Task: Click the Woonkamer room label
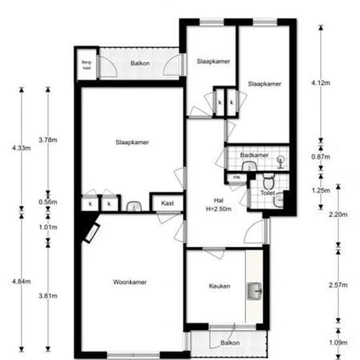pyautogui.click(x=129, y=282)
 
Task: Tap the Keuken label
pyautogui.click(x=219, y=286)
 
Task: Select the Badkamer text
pyautogui.click(x=254, y=155)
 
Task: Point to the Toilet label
pyautogui.click(x=267, y=194)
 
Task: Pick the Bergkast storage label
pyautogui.click(x=86, y=65)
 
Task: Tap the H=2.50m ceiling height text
pyautogui.click(x=220, y=209)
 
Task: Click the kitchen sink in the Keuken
pyautogui.click(x=255, y=288)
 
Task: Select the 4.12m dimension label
pyautogui.click(x=319, y=82)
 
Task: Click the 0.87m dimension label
pyautogui.click(x=321, y=157)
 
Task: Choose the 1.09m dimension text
pyautogui.click(x=337, y=341)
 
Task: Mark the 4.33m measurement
pyautogui.click(x=21, y=149)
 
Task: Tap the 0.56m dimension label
pyautogui.click(x=48, y=202)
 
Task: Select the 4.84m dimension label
pyautogui.click(x=21, y=281)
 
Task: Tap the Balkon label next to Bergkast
pyautogui.click(x=139, y=63)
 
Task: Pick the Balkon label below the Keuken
pyautogui.click(x=230, y=343)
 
